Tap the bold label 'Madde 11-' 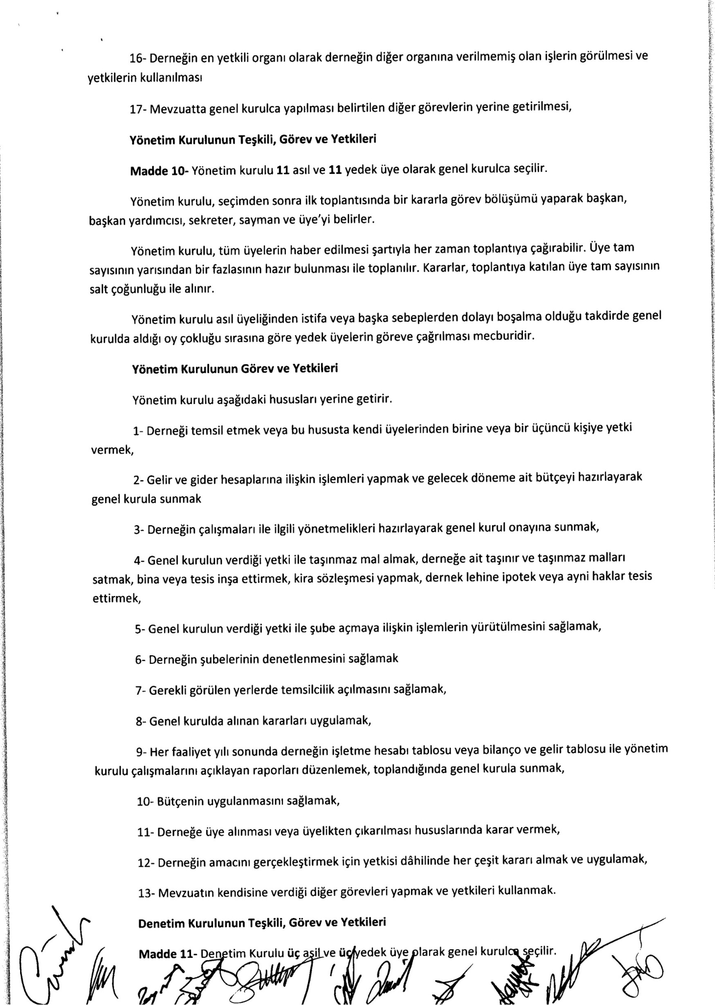(167, 954)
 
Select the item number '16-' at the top (138, 58)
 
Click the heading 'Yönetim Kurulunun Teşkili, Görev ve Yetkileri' (253, 140)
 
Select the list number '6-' (140, 659)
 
